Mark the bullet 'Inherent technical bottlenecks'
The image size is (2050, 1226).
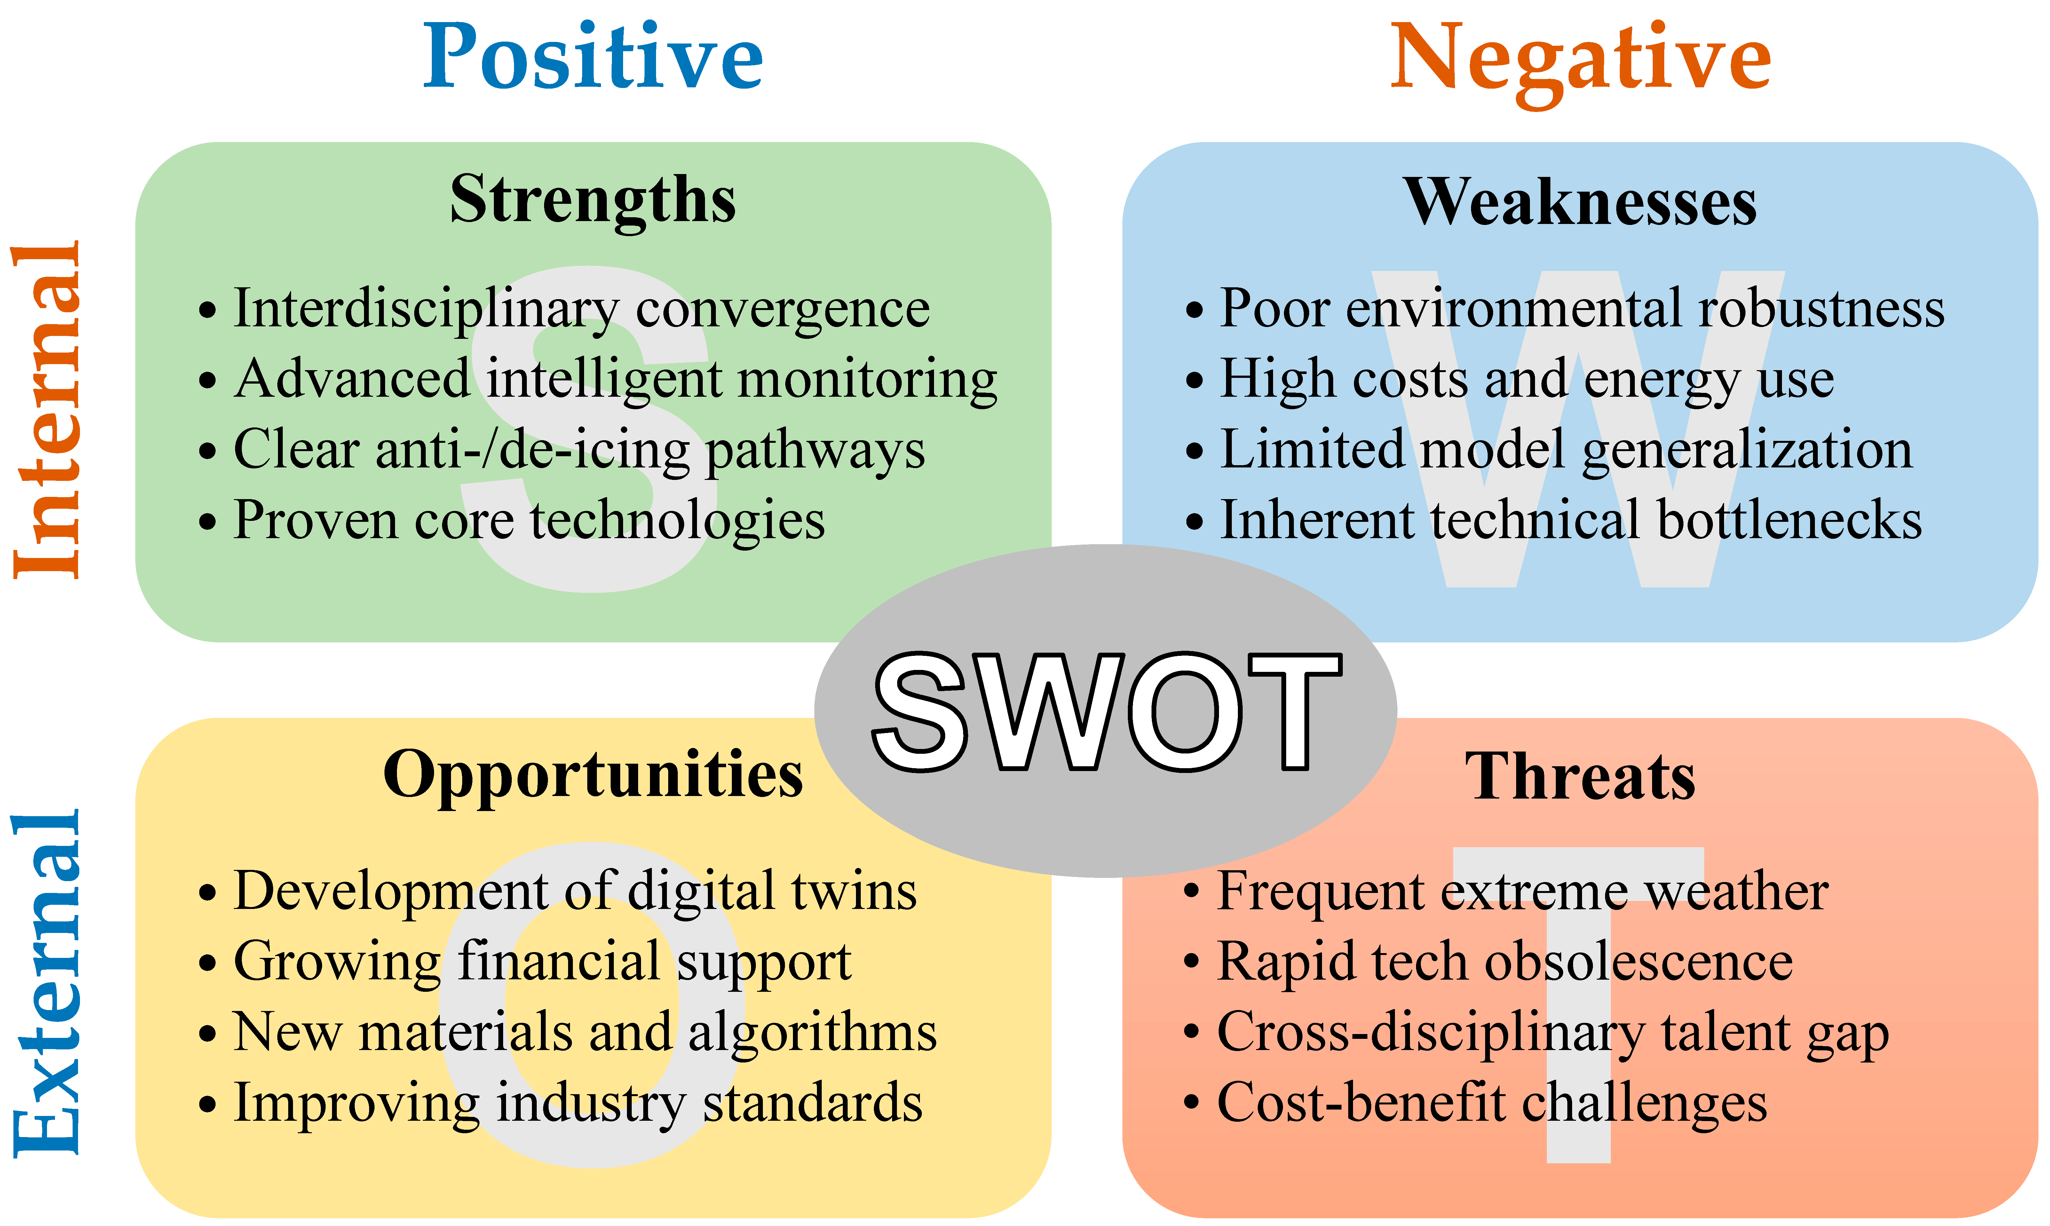click(x=1554, y=521)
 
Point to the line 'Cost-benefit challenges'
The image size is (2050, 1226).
click(x=1475, y=1104)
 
